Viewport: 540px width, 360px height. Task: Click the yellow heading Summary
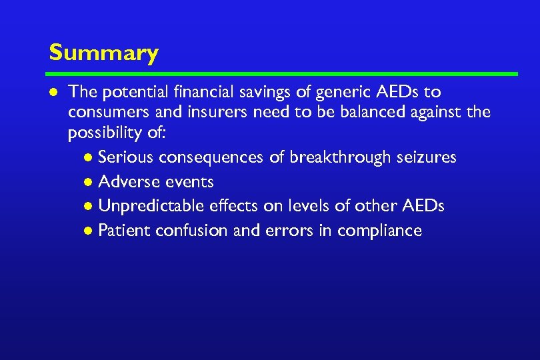[x=103, y=53]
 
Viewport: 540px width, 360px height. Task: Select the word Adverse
[x=124, y=181]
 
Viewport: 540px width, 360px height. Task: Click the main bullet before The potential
[x=53, y=92]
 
